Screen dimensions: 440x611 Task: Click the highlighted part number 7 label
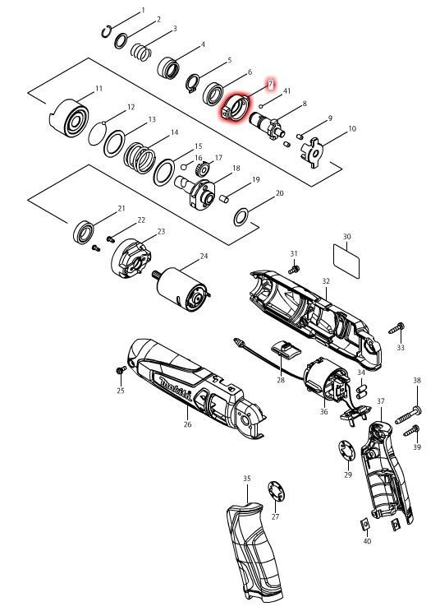(x=270, y=84)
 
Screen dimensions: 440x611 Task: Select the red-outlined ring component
(x=236, y=108)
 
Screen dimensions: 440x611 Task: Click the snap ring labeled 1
(x=106, y=31)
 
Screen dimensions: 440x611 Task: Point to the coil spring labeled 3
(x=140, y=52)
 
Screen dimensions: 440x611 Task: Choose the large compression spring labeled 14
(x=139, y=157)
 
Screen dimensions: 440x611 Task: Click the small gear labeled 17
(x=203, y=169)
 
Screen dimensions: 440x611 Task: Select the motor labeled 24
(x=183, y=289)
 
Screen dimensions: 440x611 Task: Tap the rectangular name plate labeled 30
(x=346, y=261)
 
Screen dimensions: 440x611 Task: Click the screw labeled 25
(x=121, y=370)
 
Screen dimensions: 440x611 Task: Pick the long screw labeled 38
(x=408, y=414)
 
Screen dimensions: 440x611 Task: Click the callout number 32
(x=326, y=281)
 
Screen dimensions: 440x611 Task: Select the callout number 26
(x=187, y=424)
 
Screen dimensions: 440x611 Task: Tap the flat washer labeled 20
(x=241, y=217)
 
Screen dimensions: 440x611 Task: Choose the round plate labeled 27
(x=276, y=491)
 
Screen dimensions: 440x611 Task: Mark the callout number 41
(x=286, y=91)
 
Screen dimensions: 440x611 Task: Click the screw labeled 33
(x=396, y=328)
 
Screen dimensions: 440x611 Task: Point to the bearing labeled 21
(x=84, y=232)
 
